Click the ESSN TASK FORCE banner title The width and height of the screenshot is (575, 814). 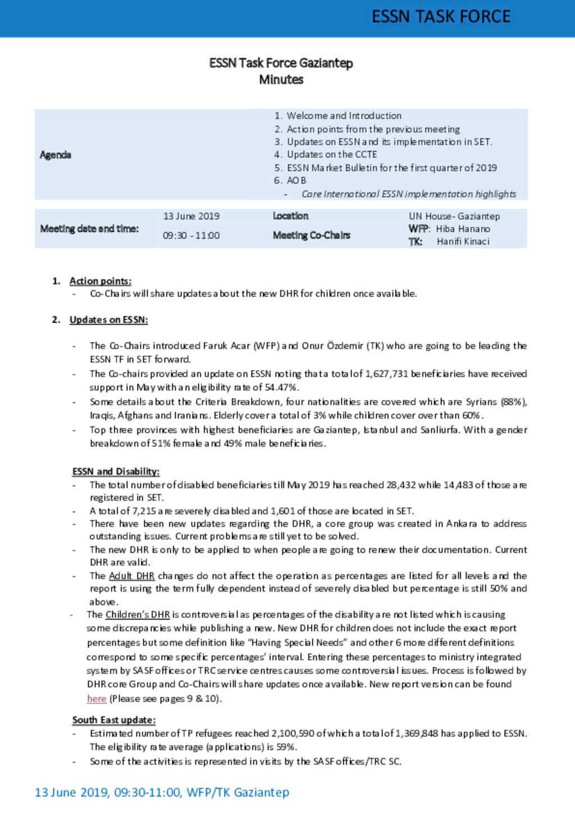[441, 17]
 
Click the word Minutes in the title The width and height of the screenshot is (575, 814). [281, 80]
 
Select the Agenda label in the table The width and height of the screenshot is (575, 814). [56, 155]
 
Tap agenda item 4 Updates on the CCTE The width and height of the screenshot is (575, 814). [331, 154]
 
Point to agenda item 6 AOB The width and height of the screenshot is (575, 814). [296, 180]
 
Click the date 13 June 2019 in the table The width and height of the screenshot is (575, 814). [191, 216]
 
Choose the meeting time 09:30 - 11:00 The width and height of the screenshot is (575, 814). [191, 235]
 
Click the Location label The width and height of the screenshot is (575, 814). [291, 216]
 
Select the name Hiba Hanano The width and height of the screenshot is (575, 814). [463, 229]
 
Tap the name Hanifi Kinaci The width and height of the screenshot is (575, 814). [463, 242]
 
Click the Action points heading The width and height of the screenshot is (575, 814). [101, 281]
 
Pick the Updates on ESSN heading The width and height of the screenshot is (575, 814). [109, 320]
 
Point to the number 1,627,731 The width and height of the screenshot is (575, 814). [386, 374]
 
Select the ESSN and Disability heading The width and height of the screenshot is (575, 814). [116, 471]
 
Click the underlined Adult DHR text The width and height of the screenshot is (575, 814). [131, 576]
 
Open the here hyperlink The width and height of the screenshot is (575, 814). [97, 699]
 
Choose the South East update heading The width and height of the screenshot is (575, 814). [114, 720]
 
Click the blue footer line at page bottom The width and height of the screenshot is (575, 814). [162, 793]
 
